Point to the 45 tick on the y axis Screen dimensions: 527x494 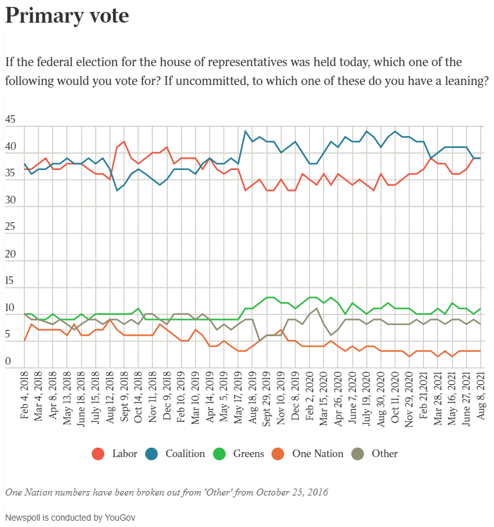click(10, 120)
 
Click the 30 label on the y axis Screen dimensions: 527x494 click(10, 201)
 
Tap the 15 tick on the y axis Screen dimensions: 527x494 click(10, 281)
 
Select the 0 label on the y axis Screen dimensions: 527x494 click(8, 362)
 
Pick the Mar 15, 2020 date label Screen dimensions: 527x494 click(323, 394)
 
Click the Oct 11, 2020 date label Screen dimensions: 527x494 click(395, 394)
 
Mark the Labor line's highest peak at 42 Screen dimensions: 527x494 click(124, 142)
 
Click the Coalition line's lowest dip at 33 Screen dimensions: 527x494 click(116, 190)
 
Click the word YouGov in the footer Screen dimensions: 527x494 click(119, 518)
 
